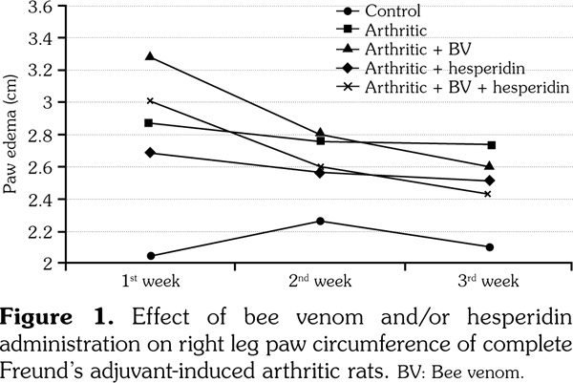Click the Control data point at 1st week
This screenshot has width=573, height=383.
[151, 256]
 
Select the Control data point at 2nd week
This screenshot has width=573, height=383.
[320, 222]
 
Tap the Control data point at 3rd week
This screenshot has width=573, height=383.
[489, 246]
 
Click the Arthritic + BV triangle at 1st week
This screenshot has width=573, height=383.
[151, 56]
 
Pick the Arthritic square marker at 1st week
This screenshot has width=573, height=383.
[151, 123]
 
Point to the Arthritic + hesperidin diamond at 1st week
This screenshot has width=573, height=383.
[151, 152]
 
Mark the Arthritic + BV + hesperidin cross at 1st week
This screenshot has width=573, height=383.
[151, 100]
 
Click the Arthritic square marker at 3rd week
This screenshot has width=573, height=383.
[490, 145]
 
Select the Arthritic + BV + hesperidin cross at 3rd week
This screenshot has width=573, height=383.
[489, 194]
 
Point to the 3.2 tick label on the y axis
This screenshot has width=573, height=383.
[40, 71]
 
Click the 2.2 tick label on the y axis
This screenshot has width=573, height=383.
[40, 231]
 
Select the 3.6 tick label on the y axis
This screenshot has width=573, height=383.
[40, 8]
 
